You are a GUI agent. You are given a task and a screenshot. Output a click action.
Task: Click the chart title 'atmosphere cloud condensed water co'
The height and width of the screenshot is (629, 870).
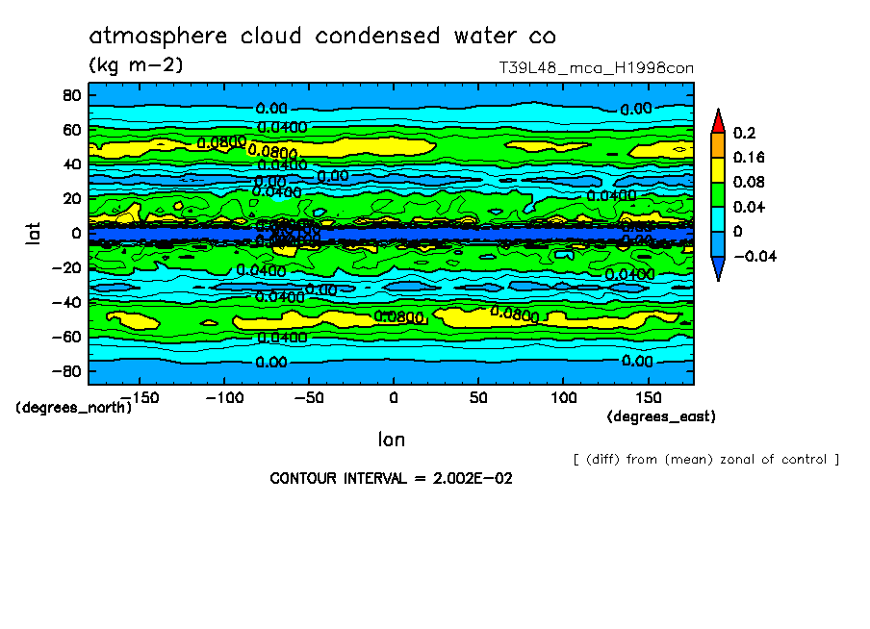tap(322, 37)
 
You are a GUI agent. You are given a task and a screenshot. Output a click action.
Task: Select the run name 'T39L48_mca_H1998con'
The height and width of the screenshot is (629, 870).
tap(596, 68)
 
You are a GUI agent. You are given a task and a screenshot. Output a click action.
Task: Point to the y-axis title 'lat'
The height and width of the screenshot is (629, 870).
tap(33, 232)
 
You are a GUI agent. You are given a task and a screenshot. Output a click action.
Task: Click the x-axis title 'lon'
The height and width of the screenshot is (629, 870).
tap(391, 440)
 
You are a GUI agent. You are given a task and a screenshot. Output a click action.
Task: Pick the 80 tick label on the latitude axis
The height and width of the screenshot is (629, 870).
tap(70, 95)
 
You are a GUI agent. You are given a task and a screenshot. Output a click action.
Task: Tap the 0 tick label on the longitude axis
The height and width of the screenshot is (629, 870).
tap(393, 397)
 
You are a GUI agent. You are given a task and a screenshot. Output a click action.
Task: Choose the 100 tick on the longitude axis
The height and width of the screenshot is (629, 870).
tap(563, 397)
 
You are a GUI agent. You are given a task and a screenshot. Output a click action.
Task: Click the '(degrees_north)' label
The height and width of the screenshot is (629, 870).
tap(73, 407)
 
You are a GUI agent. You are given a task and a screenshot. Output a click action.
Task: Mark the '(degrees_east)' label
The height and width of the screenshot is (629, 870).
tap(661, 416)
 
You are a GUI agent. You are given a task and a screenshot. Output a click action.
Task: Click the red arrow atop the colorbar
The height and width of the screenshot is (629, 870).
tap(717, 121)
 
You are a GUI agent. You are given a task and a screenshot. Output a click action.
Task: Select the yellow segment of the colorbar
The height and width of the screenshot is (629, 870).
tap(717, 169)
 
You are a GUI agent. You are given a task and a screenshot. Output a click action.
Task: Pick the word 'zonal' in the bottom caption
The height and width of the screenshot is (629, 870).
tap(713, 460)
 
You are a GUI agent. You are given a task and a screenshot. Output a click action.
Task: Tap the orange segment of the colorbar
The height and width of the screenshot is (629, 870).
tap(717, 144)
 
